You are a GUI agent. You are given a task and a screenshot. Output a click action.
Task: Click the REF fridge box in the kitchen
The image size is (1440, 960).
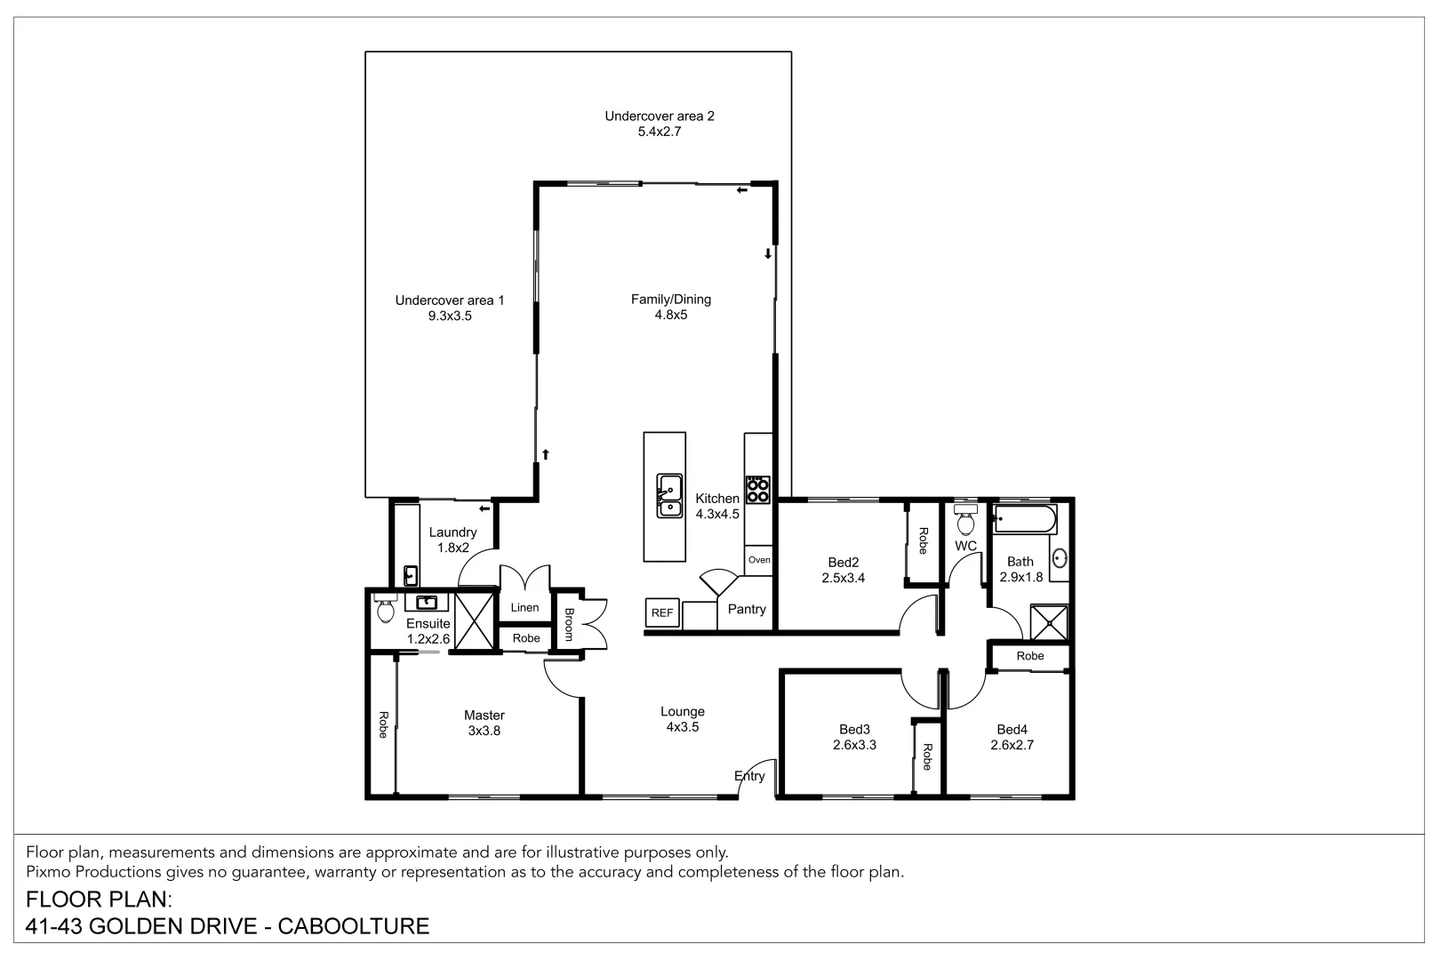[661, 612]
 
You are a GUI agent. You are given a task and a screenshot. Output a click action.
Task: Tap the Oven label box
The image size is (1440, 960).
[759, 560]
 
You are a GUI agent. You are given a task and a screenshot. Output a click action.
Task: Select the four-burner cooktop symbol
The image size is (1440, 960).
[757, 491]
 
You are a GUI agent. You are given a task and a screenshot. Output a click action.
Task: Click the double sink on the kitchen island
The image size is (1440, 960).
[669, 496]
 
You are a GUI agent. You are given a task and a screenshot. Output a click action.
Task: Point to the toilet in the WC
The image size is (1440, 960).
[965, 521]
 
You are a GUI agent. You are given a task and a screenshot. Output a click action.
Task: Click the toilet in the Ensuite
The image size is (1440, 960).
[385, 609]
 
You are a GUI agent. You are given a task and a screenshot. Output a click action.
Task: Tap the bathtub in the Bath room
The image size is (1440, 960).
[1024, 519]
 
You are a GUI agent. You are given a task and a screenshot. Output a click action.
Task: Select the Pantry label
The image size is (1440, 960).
[747, 609]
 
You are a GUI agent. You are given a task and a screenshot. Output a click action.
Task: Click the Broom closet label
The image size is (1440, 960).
[569, 625]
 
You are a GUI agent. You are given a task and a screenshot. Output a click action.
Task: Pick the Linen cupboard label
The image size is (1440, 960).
[524, 608]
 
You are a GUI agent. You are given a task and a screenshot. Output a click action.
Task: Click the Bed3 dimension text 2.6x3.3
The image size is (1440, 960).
[854, 745]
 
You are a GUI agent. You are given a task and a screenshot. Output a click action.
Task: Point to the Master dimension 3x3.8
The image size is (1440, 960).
[484, 731]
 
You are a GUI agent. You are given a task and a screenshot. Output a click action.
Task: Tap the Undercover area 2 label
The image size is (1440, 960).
[660, 116]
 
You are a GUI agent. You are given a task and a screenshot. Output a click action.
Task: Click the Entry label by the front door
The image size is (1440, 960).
[749, 776]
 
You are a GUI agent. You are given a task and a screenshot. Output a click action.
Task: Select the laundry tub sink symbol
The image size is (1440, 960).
[411, 574]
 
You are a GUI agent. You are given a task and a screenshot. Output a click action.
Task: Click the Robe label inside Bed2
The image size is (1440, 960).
[923, 540]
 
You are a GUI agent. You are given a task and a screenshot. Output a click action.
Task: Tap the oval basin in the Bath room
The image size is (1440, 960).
[1060, 558]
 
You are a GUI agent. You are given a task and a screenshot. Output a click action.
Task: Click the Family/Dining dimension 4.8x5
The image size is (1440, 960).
[671, 315]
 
